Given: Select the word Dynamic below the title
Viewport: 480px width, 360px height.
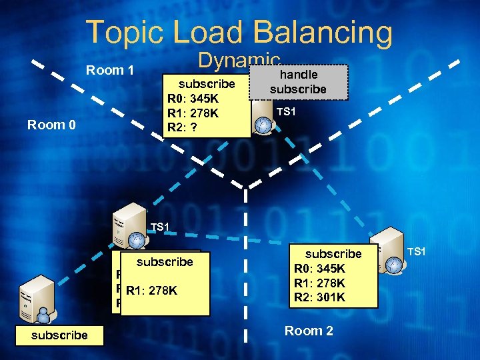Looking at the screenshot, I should point(238,62).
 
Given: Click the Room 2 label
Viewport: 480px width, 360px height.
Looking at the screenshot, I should point(309,331).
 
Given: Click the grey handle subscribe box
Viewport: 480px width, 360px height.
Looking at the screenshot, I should point(298,81).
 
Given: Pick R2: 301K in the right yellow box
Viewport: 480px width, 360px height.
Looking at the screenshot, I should point(321,297).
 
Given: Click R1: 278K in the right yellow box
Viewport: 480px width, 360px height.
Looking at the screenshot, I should point(321,283).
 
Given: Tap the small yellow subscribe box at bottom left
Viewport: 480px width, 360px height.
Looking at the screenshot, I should point(59,335).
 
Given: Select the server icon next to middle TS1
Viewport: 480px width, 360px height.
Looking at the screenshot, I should point(129,227).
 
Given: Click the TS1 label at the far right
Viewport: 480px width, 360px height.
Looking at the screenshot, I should point(416,251).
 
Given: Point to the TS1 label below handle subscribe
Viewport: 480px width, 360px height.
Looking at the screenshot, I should point(285,111).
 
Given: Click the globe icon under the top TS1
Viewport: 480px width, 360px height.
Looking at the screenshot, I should point(264,124).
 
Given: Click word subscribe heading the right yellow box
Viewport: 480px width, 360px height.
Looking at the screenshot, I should point(333,253).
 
